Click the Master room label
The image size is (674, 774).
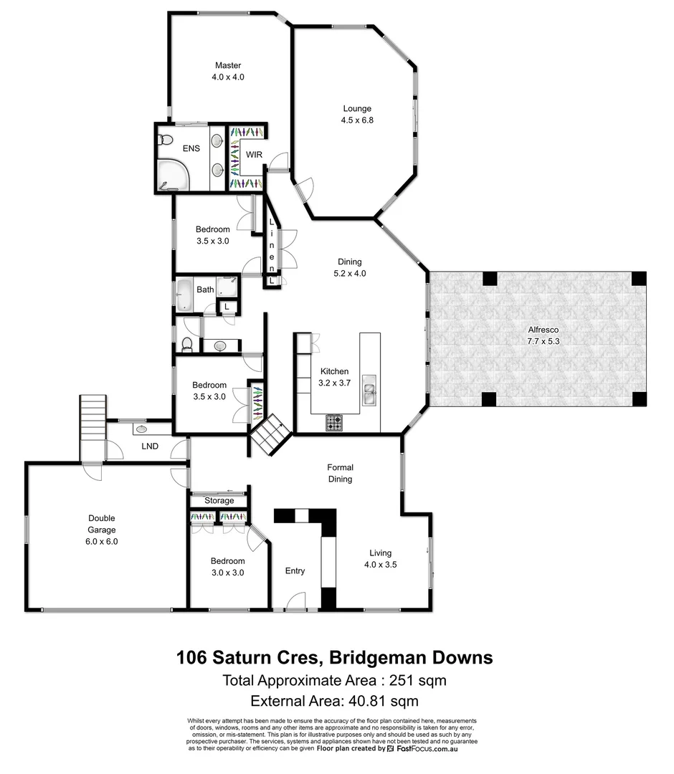coord(228,66)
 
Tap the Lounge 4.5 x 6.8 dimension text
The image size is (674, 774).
coord(356,120)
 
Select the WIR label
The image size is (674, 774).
coord(255,155)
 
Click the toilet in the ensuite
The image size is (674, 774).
coord(166,140)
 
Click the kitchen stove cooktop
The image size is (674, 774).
coord(335,423)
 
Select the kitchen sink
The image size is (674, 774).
coord(370,391)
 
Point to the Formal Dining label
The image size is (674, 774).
coord(340,473)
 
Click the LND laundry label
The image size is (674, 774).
coord(150,447)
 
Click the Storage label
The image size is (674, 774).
coord(219,500)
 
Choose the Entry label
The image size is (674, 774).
coord(295,570)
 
